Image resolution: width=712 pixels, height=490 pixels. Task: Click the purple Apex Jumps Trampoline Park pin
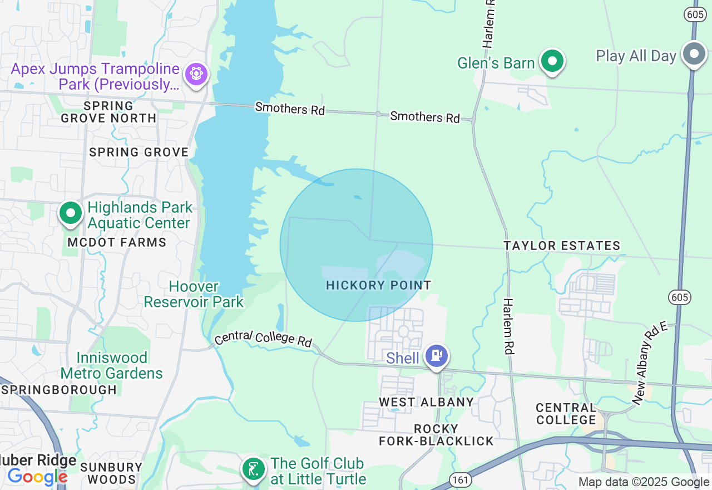196,73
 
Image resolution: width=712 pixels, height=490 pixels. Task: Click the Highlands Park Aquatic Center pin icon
71,213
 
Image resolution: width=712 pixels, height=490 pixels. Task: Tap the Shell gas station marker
437,355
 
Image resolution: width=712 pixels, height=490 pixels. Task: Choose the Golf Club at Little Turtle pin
253,469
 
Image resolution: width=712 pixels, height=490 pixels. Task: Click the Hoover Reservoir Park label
194,295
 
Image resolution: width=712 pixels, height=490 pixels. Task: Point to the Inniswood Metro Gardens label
112,365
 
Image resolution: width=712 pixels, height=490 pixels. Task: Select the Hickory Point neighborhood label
378,285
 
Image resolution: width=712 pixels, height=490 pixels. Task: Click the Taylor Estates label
562,246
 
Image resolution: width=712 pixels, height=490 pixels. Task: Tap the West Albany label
426,401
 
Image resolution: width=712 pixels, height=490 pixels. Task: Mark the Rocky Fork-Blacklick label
436,435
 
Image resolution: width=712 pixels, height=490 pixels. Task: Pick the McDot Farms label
117,242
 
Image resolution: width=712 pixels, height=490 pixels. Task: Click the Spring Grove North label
108,112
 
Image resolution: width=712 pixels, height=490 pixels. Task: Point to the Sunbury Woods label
111,473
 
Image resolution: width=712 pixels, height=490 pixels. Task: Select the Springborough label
59,390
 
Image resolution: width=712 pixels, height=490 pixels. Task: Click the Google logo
37,477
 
